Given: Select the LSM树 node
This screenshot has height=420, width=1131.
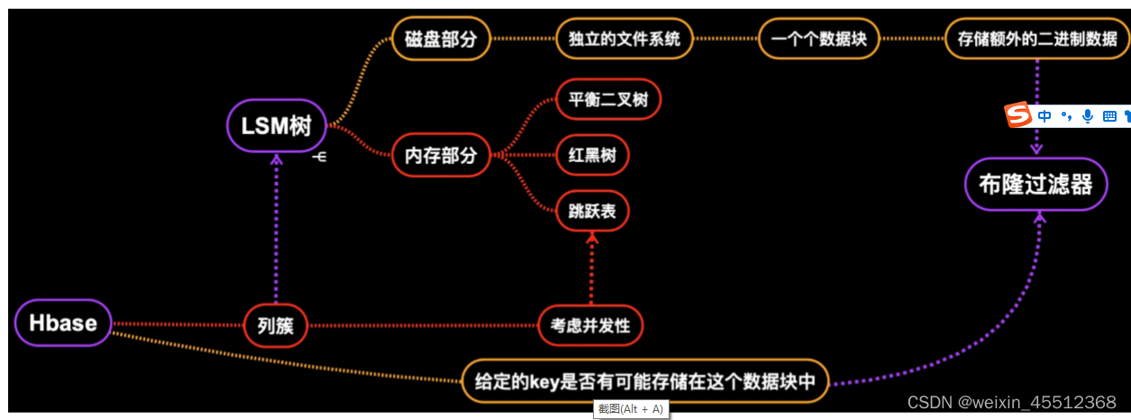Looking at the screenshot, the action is tap(276, 126).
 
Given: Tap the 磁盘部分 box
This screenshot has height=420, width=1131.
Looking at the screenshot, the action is tap(441, 39).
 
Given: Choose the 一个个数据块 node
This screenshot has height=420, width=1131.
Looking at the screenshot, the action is tap(818, 39).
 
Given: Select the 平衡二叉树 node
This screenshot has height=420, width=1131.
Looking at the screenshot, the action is tap(608, 98).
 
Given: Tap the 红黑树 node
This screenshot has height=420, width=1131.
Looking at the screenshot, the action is tap(591, 154).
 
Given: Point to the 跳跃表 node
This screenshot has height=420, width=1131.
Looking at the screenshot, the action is tap(591, 210).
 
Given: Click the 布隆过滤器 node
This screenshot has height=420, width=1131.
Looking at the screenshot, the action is tap(1035, 185).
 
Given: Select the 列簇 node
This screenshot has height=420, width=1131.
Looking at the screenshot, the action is tap(276, 324).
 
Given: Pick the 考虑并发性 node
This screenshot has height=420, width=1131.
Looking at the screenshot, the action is tap(590, 324).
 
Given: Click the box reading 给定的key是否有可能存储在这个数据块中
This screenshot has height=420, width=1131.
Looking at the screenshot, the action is tap(644, 381).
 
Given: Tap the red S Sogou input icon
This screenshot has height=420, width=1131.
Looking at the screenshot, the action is tap(1017, 115).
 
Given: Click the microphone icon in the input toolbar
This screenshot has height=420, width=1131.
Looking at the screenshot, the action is tap(1088, 115).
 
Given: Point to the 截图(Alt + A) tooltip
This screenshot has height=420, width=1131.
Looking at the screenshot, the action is tap(631, 410).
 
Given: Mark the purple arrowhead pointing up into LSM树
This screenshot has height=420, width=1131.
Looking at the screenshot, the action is tap(277, 159).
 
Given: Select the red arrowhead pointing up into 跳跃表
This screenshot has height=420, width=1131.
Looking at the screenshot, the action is tap(592, 236).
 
